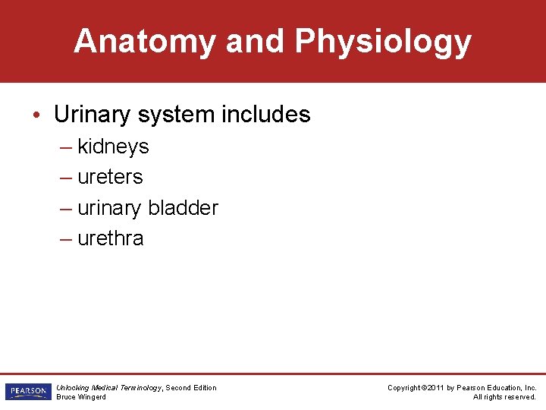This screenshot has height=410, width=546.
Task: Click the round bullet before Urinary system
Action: tap(37, 115)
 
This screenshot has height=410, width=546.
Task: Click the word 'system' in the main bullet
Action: tap(177, 115)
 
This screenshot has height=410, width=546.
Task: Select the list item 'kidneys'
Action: tap(113, 147)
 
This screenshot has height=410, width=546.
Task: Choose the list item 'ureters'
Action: tap(110, 177)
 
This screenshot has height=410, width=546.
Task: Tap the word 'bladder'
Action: tap(183, 208)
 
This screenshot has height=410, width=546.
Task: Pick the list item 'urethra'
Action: tap(110, 238)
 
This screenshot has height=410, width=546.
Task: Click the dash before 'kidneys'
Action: tap(66, 147)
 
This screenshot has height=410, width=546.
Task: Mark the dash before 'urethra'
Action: tap(66, 238)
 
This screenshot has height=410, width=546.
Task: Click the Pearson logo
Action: tap(27, 392)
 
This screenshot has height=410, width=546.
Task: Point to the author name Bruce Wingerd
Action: tap(81, 396)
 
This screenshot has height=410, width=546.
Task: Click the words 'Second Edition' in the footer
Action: tap(191, 388)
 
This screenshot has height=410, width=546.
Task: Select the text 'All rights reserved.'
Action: tap(504, 396)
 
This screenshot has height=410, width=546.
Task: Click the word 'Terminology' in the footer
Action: tap(140, 388)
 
